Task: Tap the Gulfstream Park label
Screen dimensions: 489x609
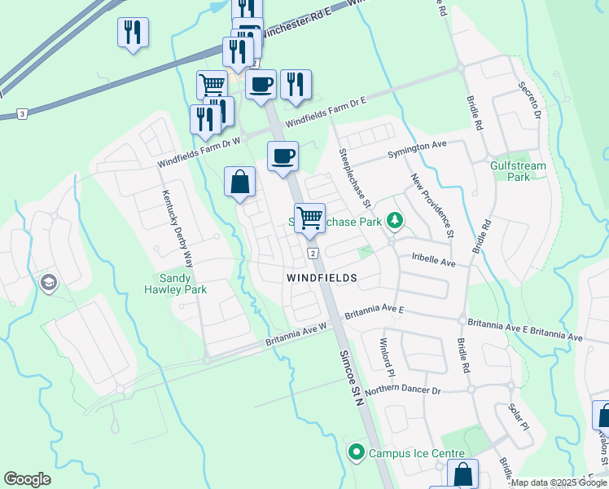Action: click(x=518, y=171)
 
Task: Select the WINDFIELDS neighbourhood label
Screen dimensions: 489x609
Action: click(x=322, y=278)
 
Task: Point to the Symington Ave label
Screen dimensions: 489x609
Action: click(x=428, y=144)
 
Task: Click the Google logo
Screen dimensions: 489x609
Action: click(x=27, y=479)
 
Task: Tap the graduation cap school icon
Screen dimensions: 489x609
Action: click(x=48, y=282)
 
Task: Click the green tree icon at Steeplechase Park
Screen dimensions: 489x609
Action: click(x=395, y=220)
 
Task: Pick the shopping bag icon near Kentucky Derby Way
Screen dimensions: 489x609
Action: click(x=240, y=182)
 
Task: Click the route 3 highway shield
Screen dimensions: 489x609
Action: click(x=22, y=112)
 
